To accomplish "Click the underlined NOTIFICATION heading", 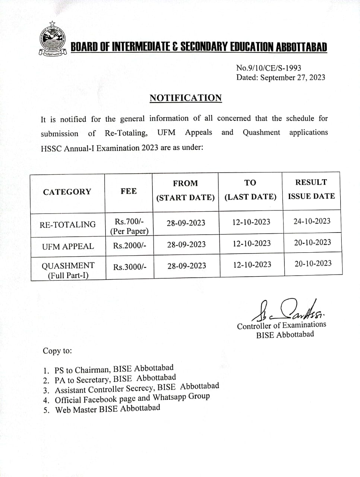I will tap(186, 98).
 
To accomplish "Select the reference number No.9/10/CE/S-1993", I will tap(268, 68).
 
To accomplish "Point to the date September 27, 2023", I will tap(293, 78).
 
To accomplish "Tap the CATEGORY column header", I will tap(67, 192).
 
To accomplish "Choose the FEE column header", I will tap(129, 191).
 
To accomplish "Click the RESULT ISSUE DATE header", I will tap(311, 189).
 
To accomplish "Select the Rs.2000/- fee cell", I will tap(130, 246).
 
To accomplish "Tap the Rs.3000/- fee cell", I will tap(130, 267).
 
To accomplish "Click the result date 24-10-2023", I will tap(312, 221).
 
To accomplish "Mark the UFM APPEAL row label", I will tap(68, 246).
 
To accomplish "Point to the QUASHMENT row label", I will tap(68, 270).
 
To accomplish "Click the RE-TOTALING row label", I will tap(67, 225).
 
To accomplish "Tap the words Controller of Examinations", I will tap(281, 325).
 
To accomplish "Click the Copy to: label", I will tap(57, 351).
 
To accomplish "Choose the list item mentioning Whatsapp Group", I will tap(132, 398).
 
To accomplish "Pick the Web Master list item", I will tap(108, 409).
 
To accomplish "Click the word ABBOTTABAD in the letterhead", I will tap(301, 47).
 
